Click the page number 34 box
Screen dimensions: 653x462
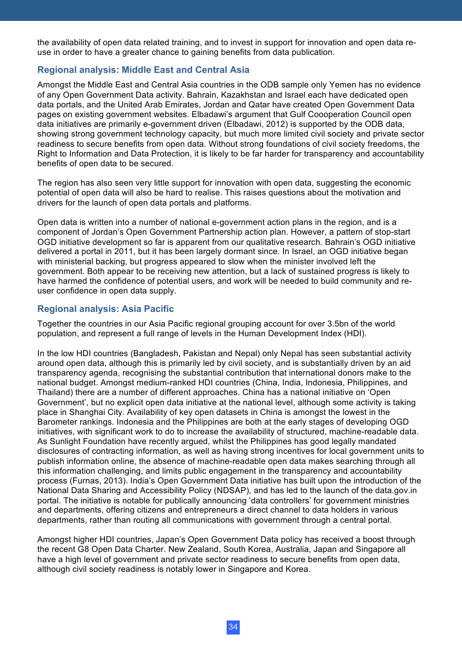coord(233,627)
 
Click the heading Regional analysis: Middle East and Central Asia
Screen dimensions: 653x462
coord(143,70)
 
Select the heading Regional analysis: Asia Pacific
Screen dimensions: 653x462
coord(106,309)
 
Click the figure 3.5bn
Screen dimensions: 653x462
coord(340,324)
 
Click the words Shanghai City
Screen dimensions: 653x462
coord(96,412)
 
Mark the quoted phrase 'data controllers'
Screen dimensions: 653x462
coord(279,500)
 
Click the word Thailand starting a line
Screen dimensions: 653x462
coord(55,392)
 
